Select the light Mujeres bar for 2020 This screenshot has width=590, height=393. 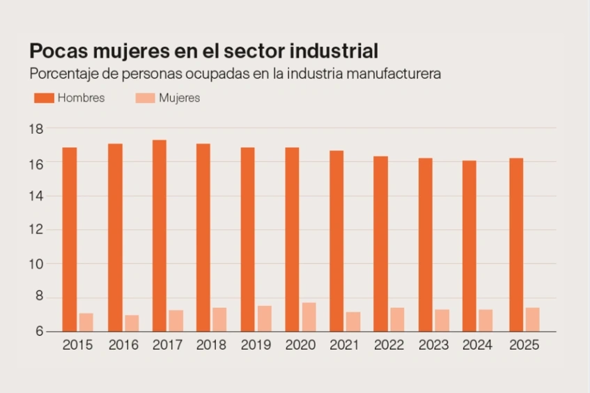tap(309, 317)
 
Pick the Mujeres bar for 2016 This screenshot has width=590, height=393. tap(131, 323)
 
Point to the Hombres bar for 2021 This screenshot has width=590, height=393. tap(336, 240)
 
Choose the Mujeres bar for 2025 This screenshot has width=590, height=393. tap(532, 319)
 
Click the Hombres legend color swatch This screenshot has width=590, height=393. tap(43, 98)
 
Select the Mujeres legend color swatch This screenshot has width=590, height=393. tap(144, 98)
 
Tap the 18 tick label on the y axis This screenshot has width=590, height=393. tap(36, 129)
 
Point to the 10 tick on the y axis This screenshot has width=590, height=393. tap(36, 264)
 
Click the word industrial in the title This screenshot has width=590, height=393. tap(334, 51)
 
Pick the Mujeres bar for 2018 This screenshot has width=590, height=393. tap(219, 319)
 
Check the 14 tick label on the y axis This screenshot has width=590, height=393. tap(36, 196)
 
